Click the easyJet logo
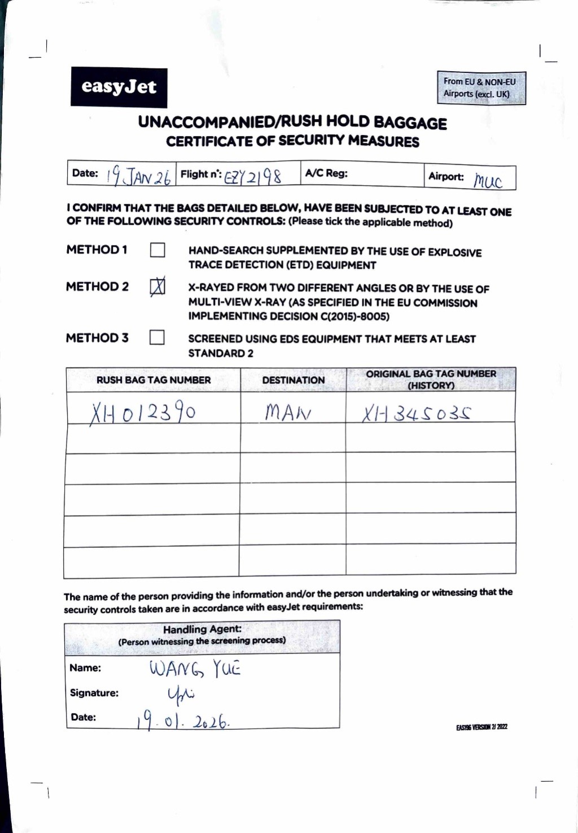click(119, 87)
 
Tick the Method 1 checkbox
click(157, 250)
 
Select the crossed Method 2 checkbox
click(157, 286)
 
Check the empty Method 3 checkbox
click(157, 338)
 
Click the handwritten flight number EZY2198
click(253, 177)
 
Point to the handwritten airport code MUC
click(488, 181)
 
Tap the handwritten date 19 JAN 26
click(138, 176)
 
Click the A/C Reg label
click(326, 173)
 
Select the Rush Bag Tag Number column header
click(154, 380)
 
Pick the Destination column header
click(293, 380)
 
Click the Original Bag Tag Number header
click(431, 380)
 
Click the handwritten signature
click(181, 695)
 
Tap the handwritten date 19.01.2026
click(182, 721)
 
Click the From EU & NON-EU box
click(481, 88)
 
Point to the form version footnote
click(481, 727)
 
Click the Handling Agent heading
click(202, 629)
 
